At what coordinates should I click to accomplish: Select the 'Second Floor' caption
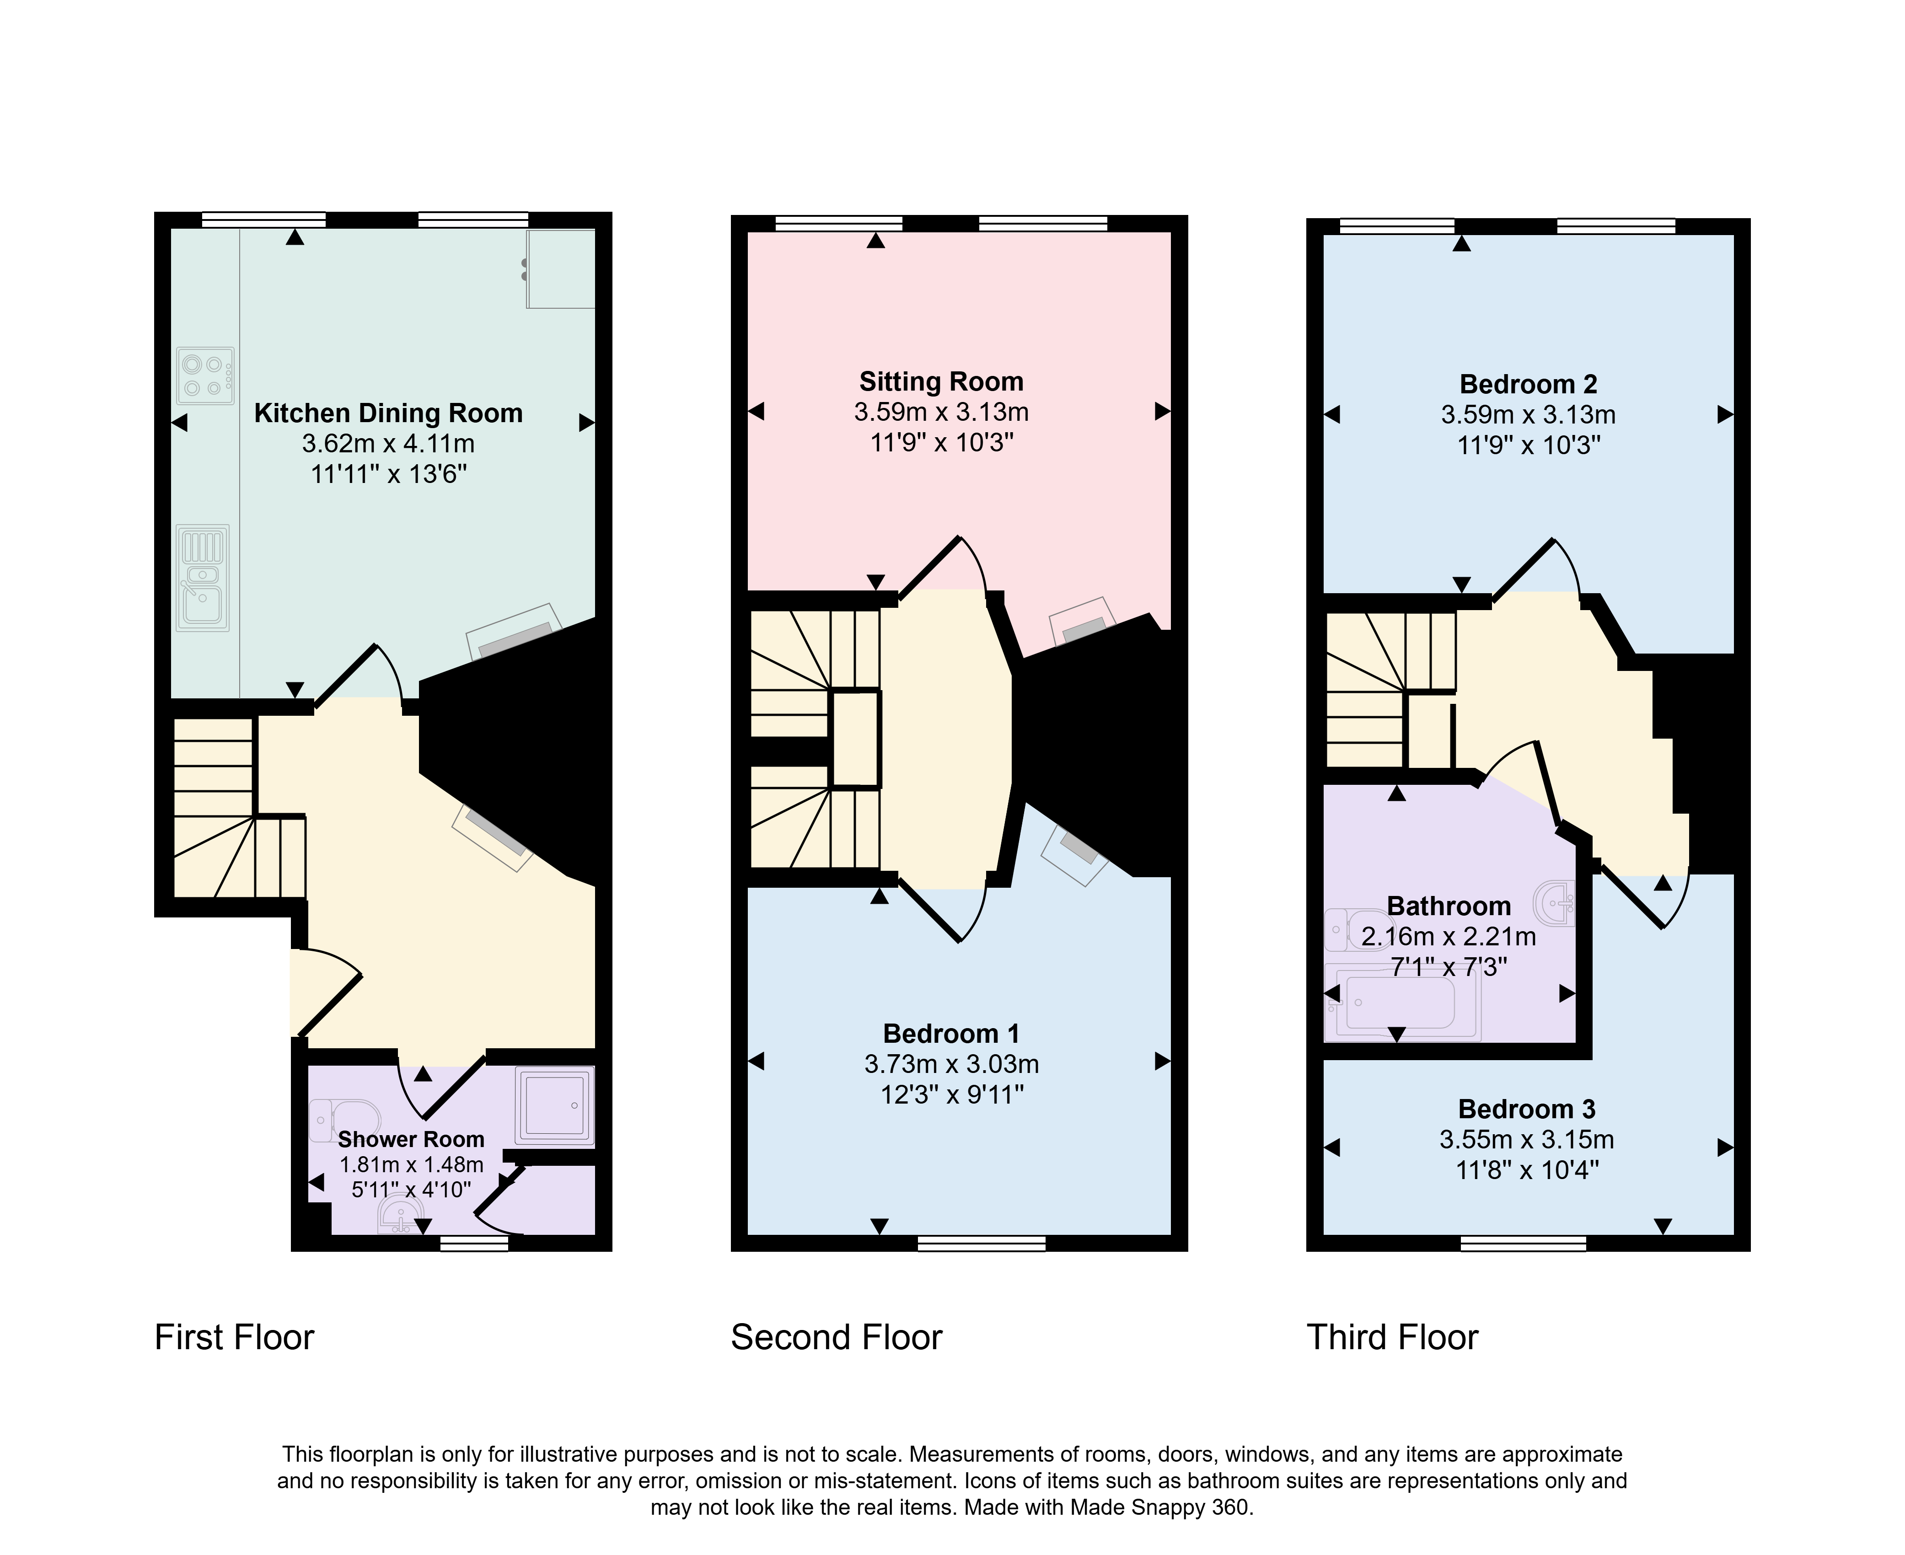point(837,1337)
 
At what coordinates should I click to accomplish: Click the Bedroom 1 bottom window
point(982,1243)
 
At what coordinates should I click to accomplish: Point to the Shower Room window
point(475,1243)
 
